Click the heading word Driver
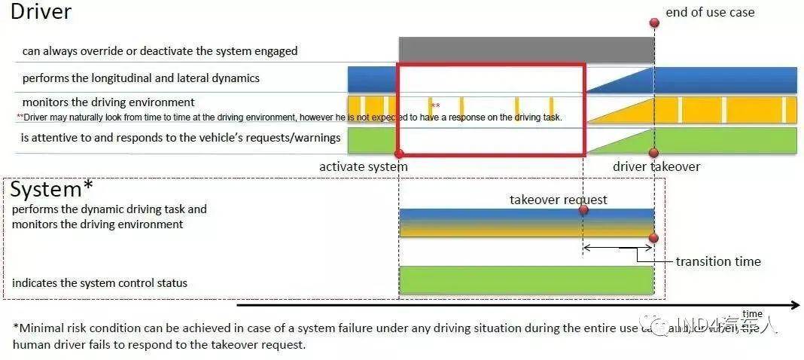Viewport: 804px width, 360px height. [41, 12]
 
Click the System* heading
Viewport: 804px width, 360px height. [52, 189]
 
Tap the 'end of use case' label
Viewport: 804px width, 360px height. [710, 12]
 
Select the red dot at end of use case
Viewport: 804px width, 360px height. [654, 23]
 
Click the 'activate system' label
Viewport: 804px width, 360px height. [363, 166]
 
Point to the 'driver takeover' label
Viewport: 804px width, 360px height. [656, 166]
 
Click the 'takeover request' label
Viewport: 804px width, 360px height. [558, 200]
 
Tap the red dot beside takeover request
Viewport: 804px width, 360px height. [583, 210]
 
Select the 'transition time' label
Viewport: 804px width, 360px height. [718, 261]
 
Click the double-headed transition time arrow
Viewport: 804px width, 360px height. [618, 247]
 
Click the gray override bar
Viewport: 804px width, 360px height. [526, 50]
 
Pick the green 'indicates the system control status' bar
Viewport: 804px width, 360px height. [526, 279]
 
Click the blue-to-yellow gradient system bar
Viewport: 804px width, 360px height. [526, 223]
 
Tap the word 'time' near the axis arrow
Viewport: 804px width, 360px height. [752, 314]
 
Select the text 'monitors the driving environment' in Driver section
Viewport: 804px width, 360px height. [108, 102]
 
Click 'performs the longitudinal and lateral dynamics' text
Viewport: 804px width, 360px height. [141, 78]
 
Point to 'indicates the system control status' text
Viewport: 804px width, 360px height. [99, 283]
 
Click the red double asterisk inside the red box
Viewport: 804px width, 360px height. [435, 106]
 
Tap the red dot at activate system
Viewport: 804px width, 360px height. [399, 154]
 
